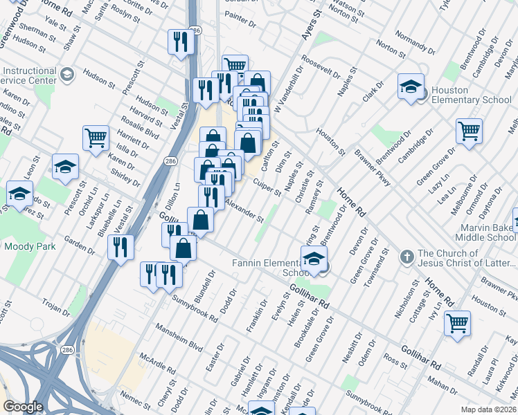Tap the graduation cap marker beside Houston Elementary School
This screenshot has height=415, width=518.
(411, 87)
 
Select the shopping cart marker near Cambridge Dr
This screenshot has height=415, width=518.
(469, 131)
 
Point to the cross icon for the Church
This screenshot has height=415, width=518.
(408, 257)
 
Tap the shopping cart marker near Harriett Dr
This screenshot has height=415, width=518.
(95, 137)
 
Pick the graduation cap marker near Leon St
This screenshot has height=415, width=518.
(66, 167)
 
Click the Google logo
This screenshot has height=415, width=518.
(24, 407)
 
